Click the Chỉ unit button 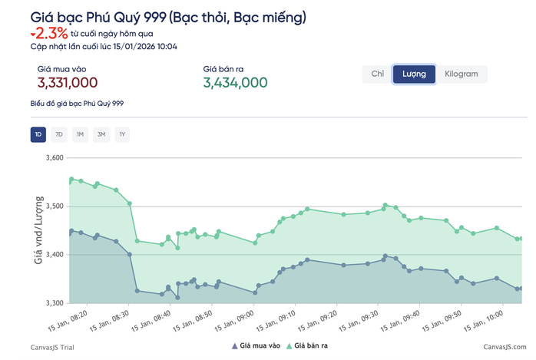tap(377, 74)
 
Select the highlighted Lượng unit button tap(414, 74)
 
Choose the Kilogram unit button tap(461, 74)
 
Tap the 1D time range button tap(38, 135)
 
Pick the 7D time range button tap(59, 135)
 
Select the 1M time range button tap(80, 135)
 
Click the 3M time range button tap(101, 135)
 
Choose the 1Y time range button tap(122, 135)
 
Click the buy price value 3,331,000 tap(67, 83)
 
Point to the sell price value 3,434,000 tap(235, 83)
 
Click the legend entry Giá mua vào tap(256, 346)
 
